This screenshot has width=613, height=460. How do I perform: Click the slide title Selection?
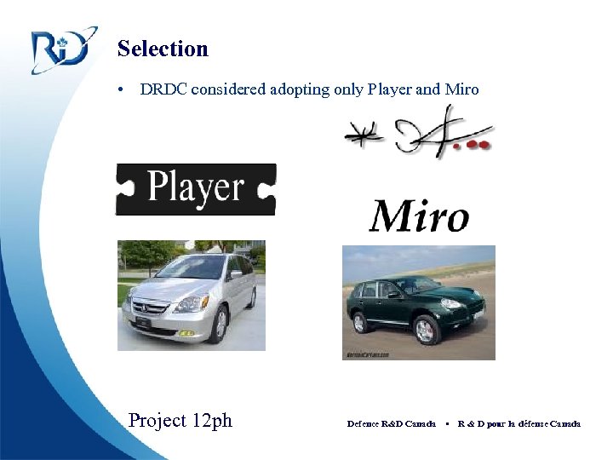pyautogui.click(x=163, y=49)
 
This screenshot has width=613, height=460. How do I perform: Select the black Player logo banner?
pyautogui.click(x=196, y=188)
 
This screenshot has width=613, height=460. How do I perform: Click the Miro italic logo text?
pyautogui.click(x=418, y=216)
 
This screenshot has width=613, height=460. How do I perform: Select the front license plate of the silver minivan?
pyautogui.click(x=143, y=323)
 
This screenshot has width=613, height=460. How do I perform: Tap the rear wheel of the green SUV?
pyautogui.click(x=359, y=322)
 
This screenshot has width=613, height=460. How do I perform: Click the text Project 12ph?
pyautogui.click(x=180, y=420)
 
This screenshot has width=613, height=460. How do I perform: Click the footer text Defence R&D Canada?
pyautogui.click(x=391, y=423)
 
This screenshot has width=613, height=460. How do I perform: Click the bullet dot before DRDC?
pyautogui.click(x=123, y=90)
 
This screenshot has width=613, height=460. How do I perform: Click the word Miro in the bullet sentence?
pyautogui.click(x=461, y=89)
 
